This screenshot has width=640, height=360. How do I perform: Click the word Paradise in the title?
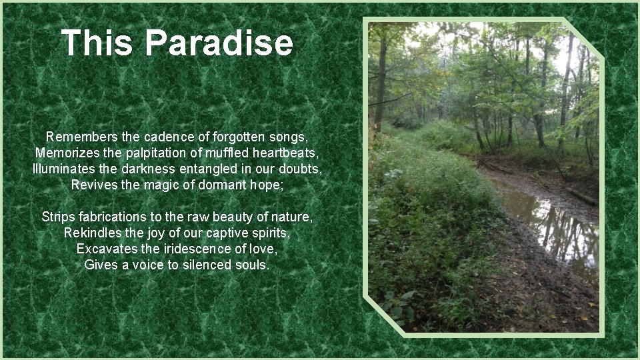click(x=219, y=43)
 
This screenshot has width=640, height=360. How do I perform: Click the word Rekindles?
click(x=93, y=233)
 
